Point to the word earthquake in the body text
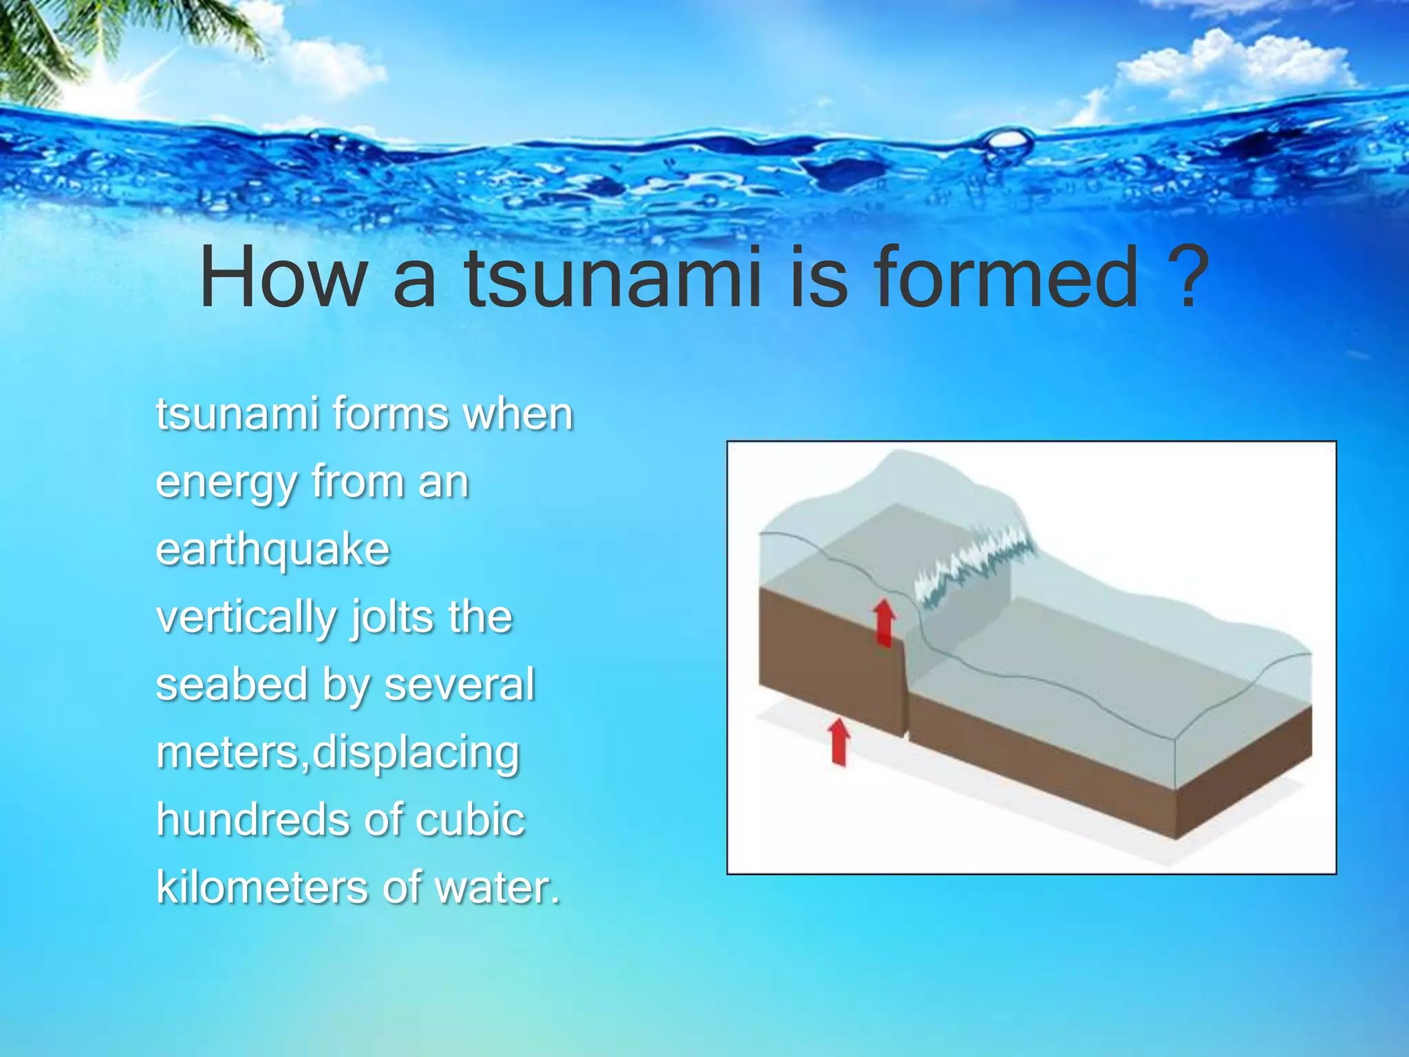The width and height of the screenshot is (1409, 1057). point(273,551)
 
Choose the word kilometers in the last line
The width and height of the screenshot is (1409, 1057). point(261,887)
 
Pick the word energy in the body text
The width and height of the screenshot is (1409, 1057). point(226,484)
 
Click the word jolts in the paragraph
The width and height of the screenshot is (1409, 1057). point(393,617)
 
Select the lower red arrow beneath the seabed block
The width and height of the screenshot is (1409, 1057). point(839,742)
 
